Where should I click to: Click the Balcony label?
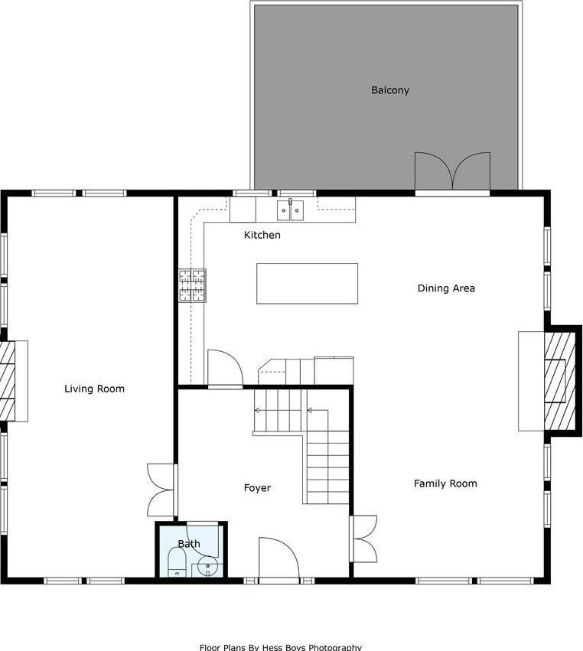pyautogui.click(x=390, y=90)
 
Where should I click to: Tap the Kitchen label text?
pyautogui.click(x=262, y=235)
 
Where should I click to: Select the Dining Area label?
pyautogui.click(x=446, y=288)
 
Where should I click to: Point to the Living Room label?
pyautogui.click(x=94, y=389)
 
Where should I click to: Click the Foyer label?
pyautogui.click(x=257, y=488)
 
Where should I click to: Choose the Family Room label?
pyautogui.click(x=445, y=483)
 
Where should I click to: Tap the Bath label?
pyautogui.click(x=189, y=544)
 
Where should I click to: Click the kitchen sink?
pyautogui.click(x=290, y=209)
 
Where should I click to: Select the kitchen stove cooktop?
pyautogui.click(x=193, y=285)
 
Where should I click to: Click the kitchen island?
pyautogui.click(x=307, y=284)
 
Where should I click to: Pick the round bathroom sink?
pyautogui.click(x=207, y=567)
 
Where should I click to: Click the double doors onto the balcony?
pyautogui.click(x=452, y=171)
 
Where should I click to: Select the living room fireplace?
pyautogui.click(x=13, y=380)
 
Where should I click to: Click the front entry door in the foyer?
pyautogui.click(x=278, y=558)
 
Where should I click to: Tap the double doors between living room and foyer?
pyautogui.click(x=161, y=490)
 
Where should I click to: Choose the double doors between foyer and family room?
pyautogui.click(x=365, y=539)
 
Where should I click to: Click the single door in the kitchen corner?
pyautogui.click(x=224, y=369)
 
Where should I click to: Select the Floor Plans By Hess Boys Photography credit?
pyautogui.click(x=280, y=646)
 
